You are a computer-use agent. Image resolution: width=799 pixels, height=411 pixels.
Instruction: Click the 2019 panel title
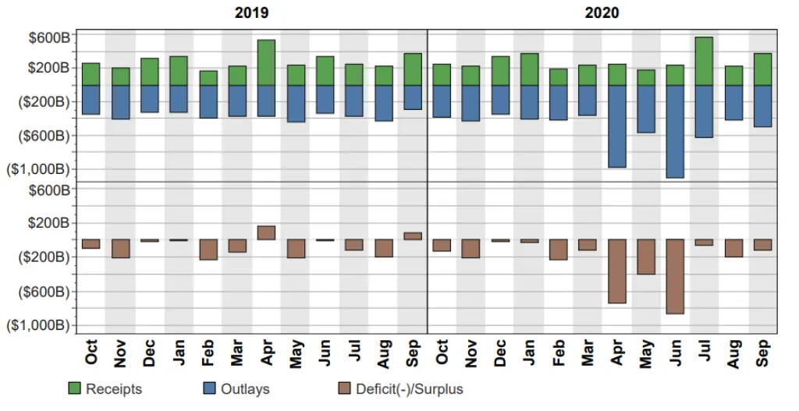(252, 12)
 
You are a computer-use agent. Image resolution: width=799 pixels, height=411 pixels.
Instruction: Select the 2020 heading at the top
(602, 12)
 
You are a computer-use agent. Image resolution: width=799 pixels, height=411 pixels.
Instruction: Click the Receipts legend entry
(113, 388)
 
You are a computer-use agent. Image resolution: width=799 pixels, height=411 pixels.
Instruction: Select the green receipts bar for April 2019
(266, 62)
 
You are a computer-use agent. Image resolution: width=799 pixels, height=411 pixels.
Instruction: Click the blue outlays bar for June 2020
(675, 131)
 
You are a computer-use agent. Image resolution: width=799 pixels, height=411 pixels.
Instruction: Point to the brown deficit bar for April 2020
(617, 271)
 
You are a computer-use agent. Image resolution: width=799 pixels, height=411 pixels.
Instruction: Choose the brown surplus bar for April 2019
(266, 232)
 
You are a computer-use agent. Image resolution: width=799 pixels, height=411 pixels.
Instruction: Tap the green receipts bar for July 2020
(704, 61)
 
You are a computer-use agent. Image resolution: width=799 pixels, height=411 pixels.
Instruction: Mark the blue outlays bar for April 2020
(617, 126)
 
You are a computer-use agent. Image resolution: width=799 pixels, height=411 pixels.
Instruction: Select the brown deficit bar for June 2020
(675, 276)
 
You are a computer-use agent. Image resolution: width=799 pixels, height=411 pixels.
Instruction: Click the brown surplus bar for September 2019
(413, 236)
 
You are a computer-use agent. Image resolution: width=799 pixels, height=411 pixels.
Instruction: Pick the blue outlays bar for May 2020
(646, 108)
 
